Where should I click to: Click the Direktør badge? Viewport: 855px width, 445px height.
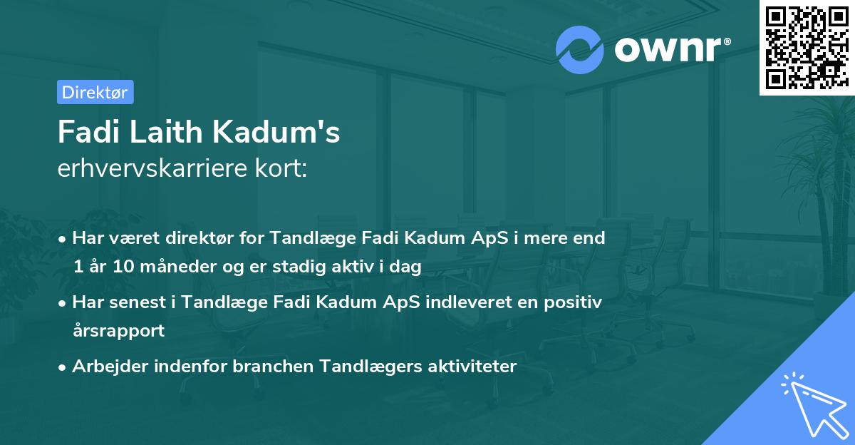tap(95, 92)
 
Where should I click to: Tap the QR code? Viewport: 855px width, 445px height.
tap(806, 48)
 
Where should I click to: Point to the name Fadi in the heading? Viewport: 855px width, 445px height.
tap(83, 132)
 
